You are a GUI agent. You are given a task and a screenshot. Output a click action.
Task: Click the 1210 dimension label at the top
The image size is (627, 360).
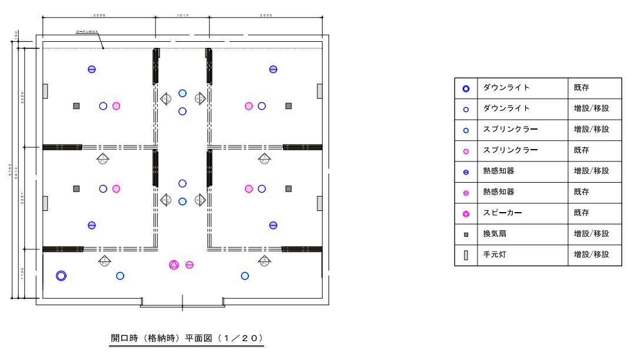pos(183,15)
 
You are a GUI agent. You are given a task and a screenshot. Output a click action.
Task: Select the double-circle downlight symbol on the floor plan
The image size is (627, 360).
pos(61,276)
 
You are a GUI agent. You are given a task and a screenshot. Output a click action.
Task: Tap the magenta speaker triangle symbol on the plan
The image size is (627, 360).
pos(174,265)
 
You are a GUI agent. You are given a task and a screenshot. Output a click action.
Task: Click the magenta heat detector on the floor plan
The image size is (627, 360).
pos(190,265)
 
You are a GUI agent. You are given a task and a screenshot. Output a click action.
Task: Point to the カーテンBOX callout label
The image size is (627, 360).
pos(87,32)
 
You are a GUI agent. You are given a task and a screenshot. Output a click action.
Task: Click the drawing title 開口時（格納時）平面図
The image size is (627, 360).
pos(187,338)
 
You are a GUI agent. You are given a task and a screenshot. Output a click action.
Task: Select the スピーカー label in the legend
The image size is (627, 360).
pos(502,213)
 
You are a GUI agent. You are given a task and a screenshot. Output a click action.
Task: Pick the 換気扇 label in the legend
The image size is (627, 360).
pos(495,234)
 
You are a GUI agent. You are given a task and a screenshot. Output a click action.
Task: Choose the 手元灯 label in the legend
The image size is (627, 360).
pos(495,255)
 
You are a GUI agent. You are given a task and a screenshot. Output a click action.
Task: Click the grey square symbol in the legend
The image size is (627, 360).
pos(466,235)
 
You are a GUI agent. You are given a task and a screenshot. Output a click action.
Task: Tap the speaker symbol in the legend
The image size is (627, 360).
pos(466,213)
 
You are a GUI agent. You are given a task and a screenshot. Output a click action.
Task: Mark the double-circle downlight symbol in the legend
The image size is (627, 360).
pos(466,88)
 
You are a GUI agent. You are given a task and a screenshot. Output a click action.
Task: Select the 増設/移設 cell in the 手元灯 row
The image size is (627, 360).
pos(591,255)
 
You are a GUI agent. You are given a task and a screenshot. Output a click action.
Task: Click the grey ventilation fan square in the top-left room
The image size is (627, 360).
pos(77,106)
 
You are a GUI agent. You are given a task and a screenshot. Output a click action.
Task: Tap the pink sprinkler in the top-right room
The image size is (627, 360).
pos(249,106)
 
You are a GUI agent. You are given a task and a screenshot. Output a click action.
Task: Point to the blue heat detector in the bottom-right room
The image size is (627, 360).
pos(273,225)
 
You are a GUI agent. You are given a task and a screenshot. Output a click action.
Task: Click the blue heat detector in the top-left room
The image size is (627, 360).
pos(92,69)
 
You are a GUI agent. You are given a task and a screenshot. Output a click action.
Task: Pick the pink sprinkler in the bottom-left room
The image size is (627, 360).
pos(116,189)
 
